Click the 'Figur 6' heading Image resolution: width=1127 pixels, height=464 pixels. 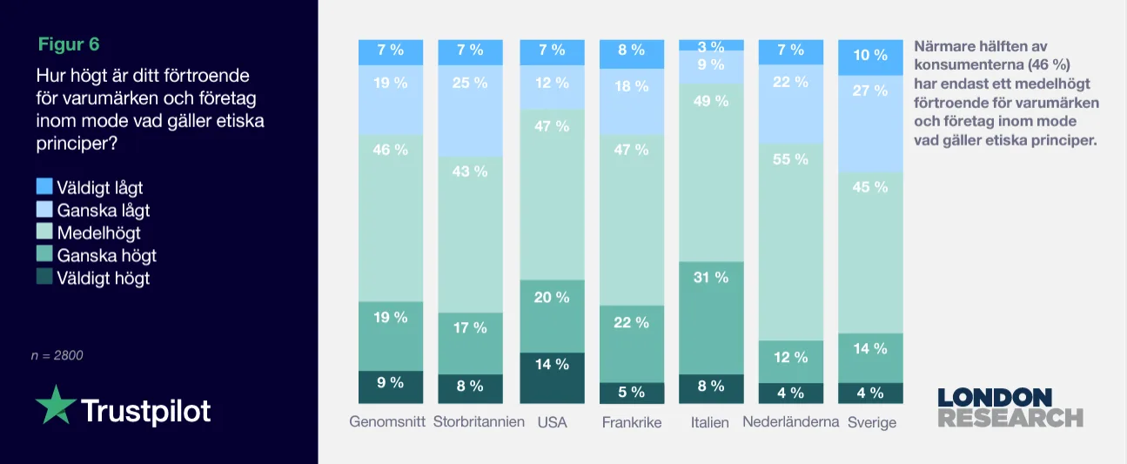tap(75, 44)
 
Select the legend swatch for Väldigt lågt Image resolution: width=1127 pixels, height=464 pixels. tap(44, 186)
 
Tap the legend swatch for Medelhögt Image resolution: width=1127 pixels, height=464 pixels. tap(44, 232)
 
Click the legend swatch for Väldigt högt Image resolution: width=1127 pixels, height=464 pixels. tap(44, 278)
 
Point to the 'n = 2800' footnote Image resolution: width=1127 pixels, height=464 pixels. tap(57, 355)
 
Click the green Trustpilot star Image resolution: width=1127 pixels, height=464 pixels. tap(55, 406)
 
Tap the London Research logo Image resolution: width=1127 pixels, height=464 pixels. tap(1010, 407)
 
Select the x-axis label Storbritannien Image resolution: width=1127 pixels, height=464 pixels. tap(479, 422)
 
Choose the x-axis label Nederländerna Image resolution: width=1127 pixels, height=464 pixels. tap(790, 422)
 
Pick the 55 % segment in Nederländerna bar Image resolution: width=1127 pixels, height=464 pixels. tap(790, 241)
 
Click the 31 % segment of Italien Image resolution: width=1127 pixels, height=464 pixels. tap(711, 318)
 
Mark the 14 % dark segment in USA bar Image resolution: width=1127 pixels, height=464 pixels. tap(552, 377)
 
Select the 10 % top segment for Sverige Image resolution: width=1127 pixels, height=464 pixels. tap(869, 57)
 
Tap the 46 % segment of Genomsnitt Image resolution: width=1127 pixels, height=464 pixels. tap(391, 218)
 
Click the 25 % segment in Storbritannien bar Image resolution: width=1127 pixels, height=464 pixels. tap(470, 111)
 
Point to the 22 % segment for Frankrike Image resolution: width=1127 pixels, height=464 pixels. tap(632, 343)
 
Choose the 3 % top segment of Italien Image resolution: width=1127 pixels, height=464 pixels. tap(711, 45)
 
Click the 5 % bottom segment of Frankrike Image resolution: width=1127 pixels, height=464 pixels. tap(632, 393)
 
